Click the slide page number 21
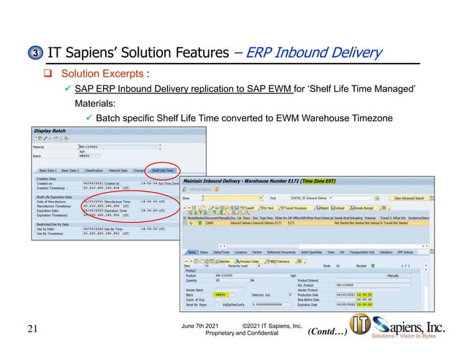(x=31, y=329)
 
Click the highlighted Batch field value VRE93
(x=221, y=294)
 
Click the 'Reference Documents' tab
(x=281, y=252)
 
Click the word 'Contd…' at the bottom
(x=326, y=330)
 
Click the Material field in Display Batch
(x=99, y=146)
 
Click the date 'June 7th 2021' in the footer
(x=200, y=323)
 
